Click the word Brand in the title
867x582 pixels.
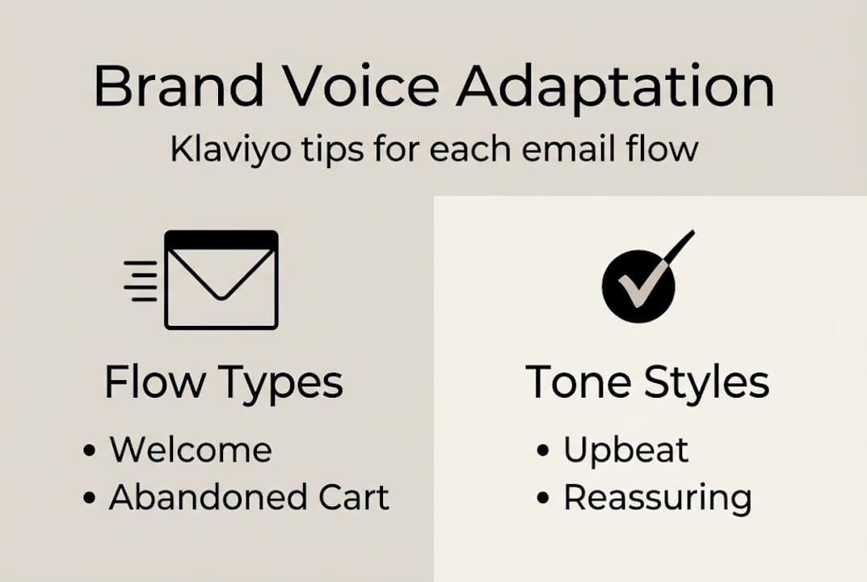(179, 86)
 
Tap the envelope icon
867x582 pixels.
(221, 280)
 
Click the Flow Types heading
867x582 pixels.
(224, 382)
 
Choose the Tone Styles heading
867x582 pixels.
(647, 382)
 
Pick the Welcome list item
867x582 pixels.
(191, 449)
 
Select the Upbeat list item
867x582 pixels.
(625, 449)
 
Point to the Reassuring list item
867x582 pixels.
(657, 498)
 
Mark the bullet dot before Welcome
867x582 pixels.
(89, 451)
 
